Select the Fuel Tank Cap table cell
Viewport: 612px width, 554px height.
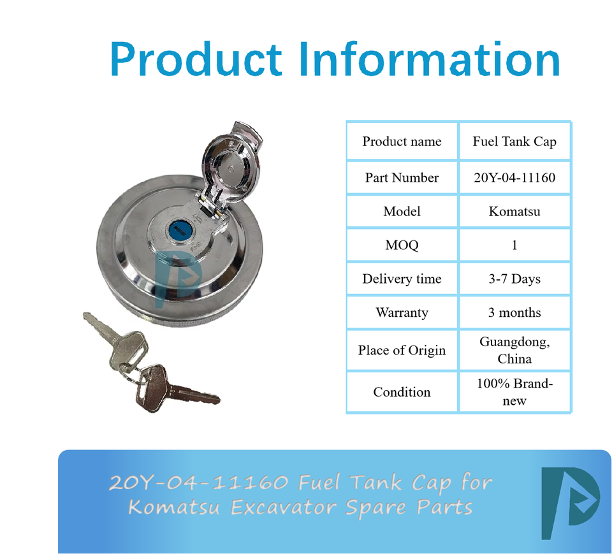(514, 142)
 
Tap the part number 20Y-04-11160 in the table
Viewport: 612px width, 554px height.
(514, 178)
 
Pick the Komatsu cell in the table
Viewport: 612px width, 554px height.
(514, 211)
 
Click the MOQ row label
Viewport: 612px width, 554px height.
(402, 245)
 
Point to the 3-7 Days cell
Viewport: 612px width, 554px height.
(514, 279)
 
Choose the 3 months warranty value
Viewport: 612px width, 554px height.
(514, 312)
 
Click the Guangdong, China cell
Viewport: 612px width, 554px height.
(514, 350)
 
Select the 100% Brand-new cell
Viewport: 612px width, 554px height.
(514, 392)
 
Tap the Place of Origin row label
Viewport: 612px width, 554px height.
(402, 350)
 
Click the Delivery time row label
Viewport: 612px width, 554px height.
(402, 279)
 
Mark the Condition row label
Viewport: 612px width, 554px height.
(402, 392)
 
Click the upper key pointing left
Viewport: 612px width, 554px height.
(116, 340)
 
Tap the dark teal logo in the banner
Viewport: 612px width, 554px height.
(570, 503)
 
